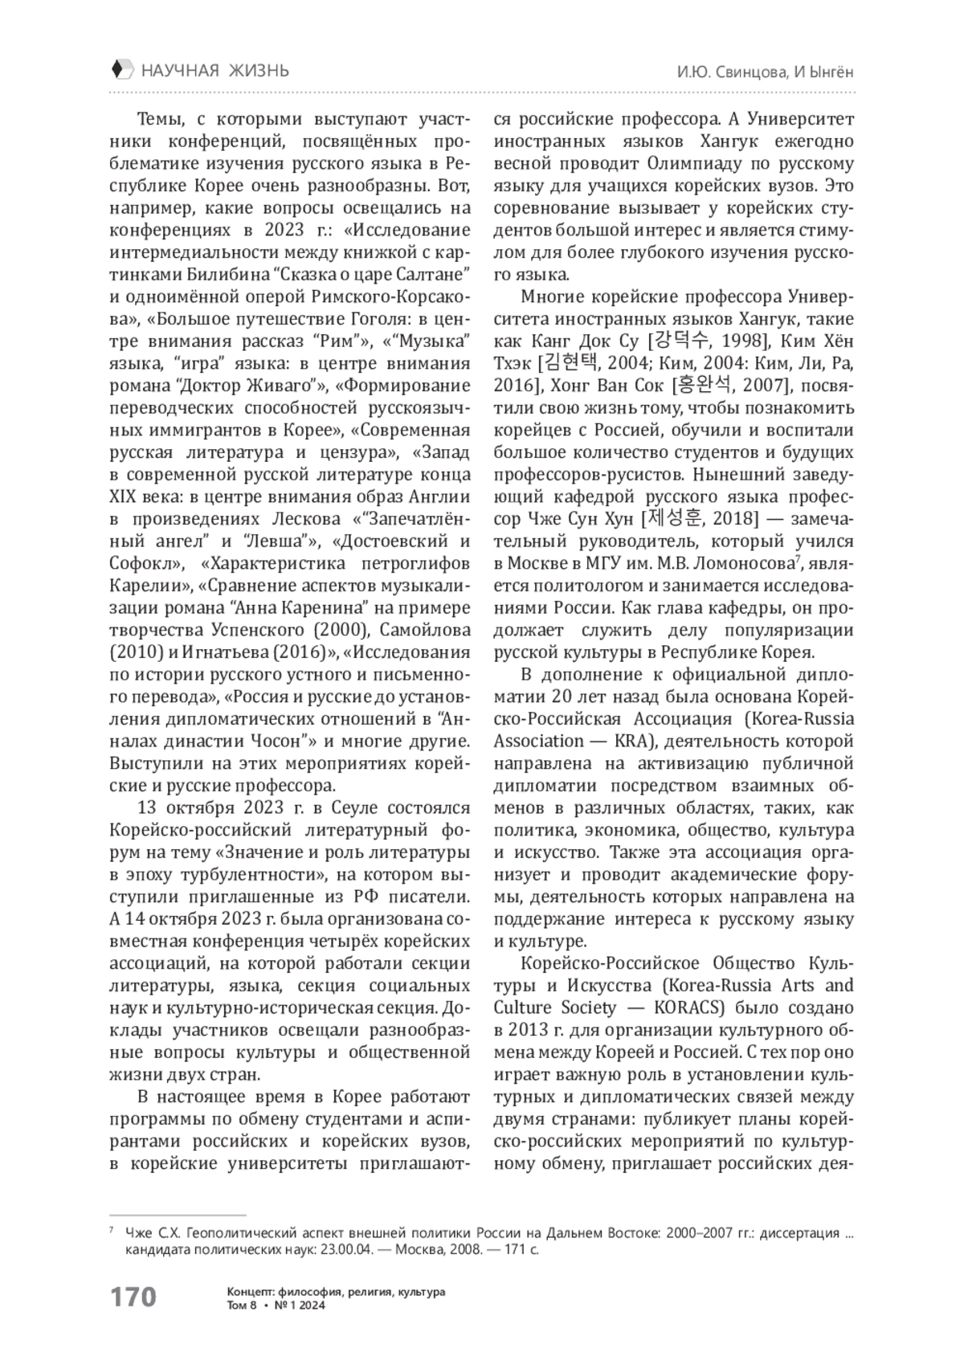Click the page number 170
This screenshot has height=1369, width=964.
[x=133, y=1297]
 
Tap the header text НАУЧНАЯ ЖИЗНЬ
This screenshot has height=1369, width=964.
[x=214, y=71]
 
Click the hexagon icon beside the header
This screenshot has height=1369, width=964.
[x=119, y=70]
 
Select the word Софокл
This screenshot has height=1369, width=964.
[x=141, y=562]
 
